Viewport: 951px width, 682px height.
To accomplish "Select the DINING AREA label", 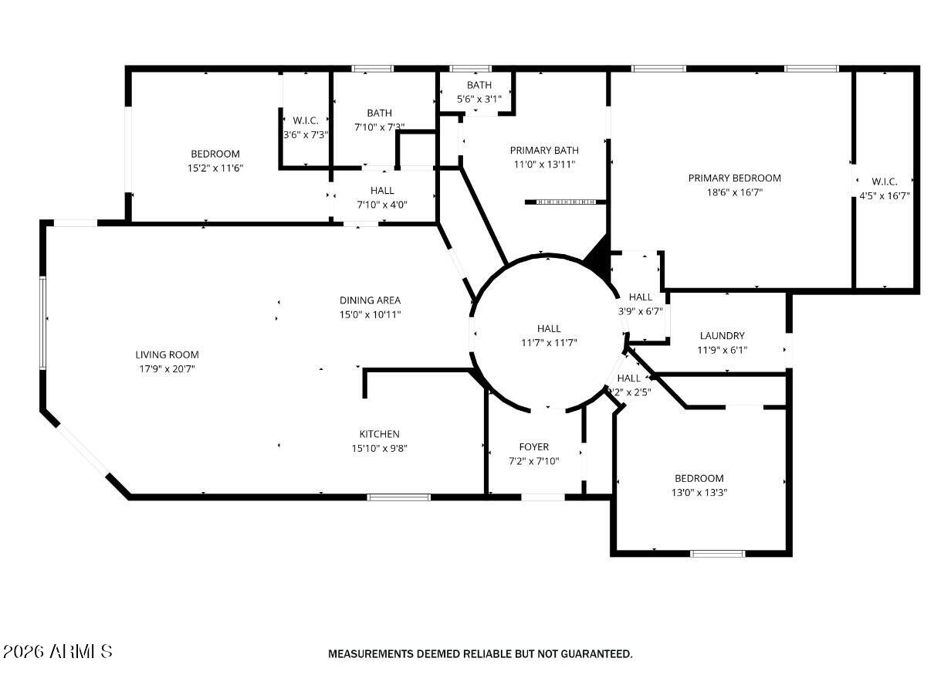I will [x=370, y=300].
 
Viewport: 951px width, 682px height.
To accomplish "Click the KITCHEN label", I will [x=379, y=434].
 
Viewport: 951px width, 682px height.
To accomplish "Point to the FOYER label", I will [x=533, y=446].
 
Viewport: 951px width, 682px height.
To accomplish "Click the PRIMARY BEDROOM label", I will [x=734, y=178].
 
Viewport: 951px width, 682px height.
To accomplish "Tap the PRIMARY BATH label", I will [x=543, y=150].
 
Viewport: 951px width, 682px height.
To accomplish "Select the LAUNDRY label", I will [x=722, y=335].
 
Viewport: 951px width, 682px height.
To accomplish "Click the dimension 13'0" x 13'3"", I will [x=699, y=492].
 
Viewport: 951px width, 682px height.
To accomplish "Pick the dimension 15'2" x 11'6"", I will [x=215, y=168].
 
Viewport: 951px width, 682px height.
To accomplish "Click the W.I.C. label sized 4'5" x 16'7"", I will [x=885, y=182].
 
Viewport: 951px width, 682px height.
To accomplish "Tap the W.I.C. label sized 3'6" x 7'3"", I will [x=306, y=120].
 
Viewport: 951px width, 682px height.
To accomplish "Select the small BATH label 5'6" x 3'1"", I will [x=479, y=85].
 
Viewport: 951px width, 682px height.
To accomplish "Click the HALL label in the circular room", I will [x=549, y=328].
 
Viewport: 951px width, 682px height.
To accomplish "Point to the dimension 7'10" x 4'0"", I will [x=381, y=205].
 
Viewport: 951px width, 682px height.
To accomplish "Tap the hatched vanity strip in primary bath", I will [x=566, y=202].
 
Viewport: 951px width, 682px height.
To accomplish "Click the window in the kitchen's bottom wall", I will [x=398, y=497].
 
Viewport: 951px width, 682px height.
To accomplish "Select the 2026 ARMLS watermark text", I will [x=58, y=652].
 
